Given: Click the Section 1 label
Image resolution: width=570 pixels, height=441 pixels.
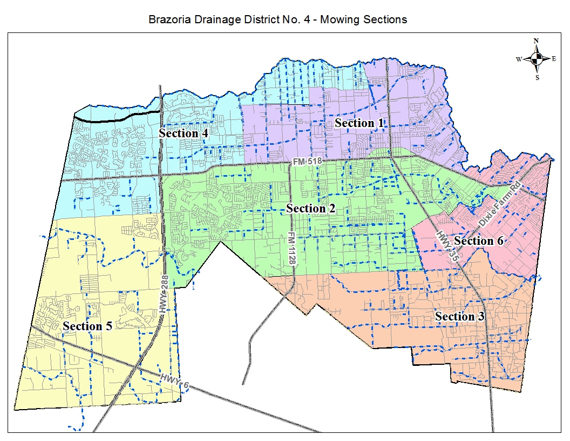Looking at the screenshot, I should (x=359, y=123).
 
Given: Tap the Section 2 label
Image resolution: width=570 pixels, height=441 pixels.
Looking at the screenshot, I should (x=314, y=209).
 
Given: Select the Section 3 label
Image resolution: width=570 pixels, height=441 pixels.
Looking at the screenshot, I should (x=459, y=317).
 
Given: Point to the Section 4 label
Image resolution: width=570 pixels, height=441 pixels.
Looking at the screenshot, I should (x=184, y=133).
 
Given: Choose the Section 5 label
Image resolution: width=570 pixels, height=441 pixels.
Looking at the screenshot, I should (x=87, y=326).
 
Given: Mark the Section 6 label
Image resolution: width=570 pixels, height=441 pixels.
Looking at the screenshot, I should (x=478, y=241).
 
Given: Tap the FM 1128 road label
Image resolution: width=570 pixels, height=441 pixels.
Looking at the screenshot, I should (x=291, y=248).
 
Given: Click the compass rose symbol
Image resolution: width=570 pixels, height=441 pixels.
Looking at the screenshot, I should (x=537, y=59).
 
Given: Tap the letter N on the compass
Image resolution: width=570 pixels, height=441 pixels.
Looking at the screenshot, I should (x=537, y=41).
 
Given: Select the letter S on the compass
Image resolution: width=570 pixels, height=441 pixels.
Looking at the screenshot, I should (x=537, y=77).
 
